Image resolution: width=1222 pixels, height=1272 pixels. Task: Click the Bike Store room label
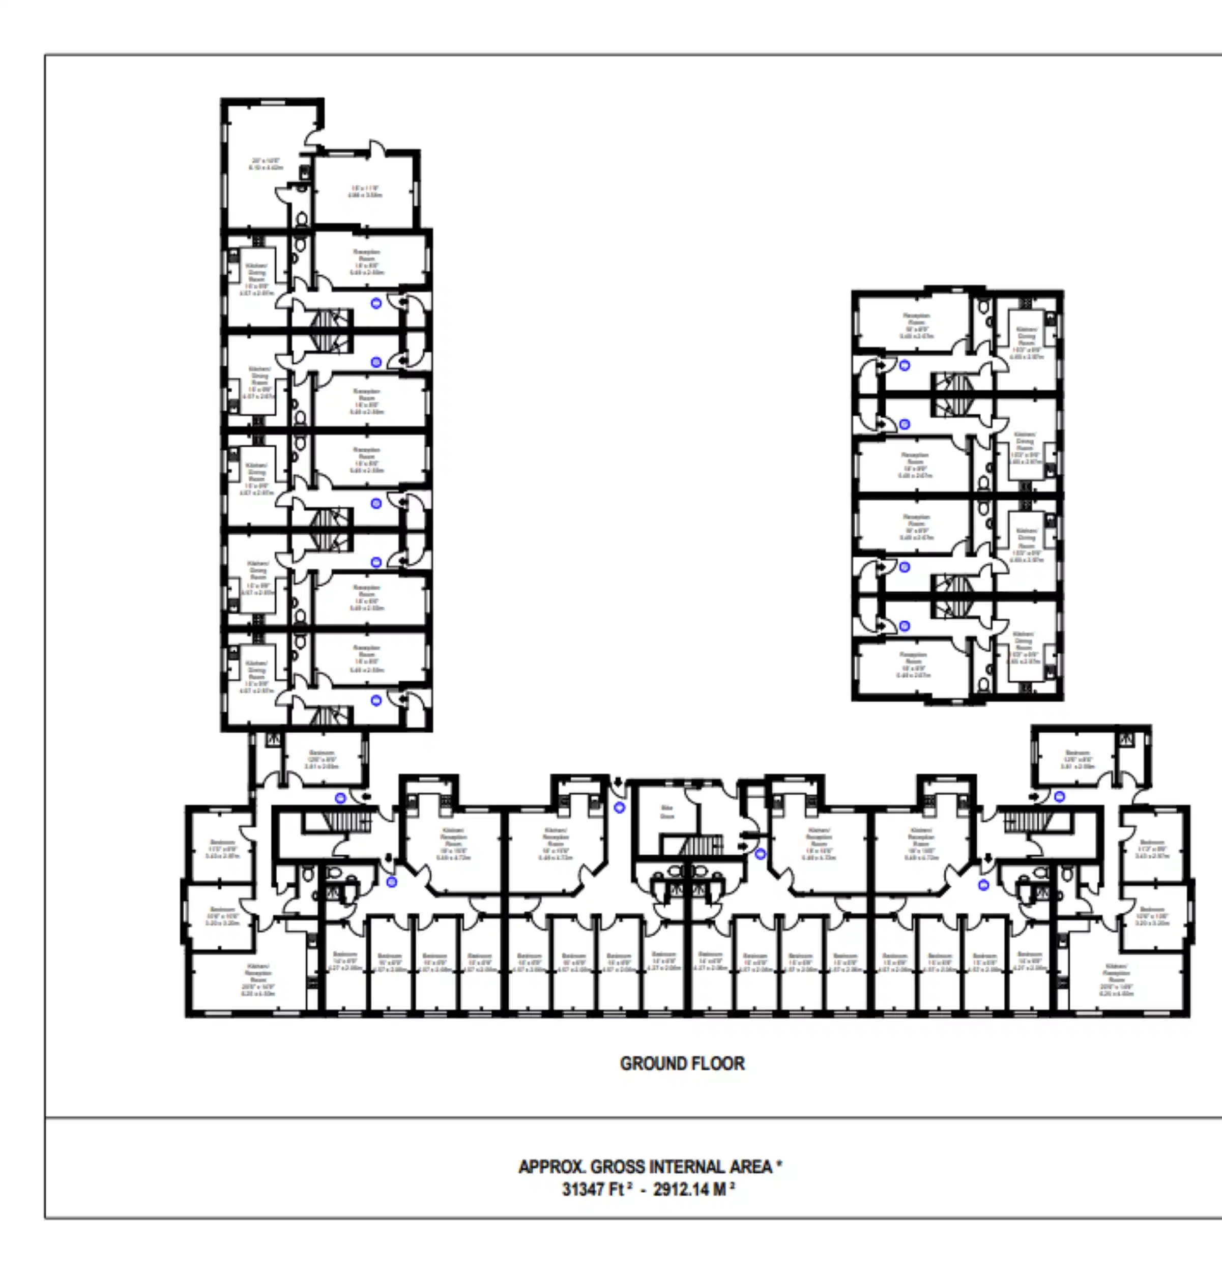[x=666, y=812]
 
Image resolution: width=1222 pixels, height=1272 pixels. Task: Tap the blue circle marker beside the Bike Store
[x=619, y=808]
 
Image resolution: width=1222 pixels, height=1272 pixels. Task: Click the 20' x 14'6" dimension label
[x=266, y=163]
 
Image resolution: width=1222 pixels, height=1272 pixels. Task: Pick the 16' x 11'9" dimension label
[x=365, y=191]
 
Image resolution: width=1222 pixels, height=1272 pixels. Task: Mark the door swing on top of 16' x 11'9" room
[x=377, y=148]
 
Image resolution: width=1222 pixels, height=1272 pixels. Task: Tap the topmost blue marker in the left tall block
[x=376, y=303]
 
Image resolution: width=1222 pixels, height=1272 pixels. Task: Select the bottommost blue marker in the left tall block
[x=376, y=700]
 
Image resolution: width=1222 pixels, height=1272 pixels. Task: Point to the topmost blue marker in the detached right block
[x=905, y=365]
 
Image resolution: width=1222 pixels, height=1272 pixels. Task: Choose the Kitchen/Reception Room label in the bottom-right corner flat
[x=1116, y=980]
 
